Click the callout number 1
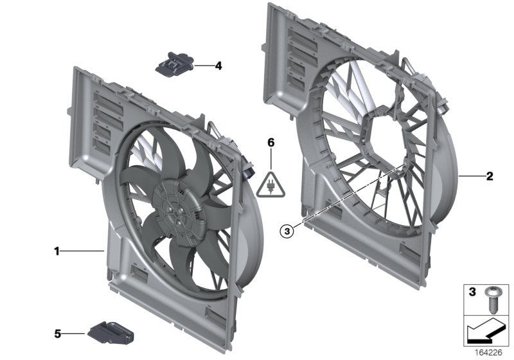coord(57,251)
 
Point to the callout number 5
coord(57,333)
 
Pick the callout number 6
coord(271,143)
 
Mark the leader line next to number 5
coord(75,333)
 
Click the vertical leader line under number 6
coord(271,160)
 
